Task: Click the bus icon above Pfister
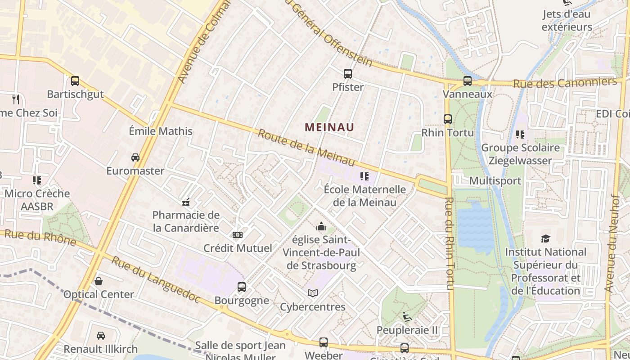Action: click(x=347, y=74)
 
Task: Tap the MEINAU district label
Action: click(x=329, y=127)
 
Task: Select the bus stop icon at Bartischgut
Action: click(x=75, y=81)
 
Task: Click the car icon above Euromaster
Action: click(x=135, y=157)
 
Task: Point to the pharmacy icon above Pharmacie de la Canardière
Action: click(x=186, y=202)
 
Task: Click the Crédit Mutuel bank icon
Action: click(x=238, y=235)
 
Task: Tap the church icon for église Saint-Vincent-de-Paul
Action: click(x=321, y=226)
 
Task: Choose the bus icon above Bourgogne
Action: click(x=242, y=287)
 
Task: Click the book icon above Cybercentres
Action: click(x=313, y=293)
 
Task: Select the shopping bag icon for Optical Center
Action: click(x=99, y=281)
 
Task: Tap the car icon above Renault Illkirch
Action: click(x=101, y=336)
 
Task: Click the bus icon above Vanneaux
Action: click(x=468, y=81)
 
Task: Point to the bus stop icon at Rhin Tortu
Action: click(x=447, y=119)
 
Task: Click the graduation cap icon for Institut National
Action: click(x=545, y=238)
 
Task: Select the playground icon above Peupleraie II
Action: click(x=407, y=317)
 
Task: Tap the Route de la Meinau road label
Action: click(x=306, y=147)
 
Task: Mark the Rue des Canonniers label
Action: click(x=565, y=83)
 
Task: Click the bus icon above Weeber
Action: click(x=323, y=342)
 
